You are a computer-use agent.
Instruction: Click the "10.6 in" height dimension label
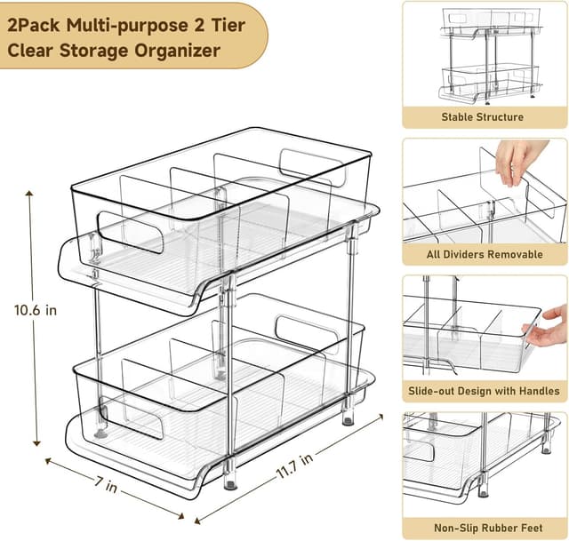(x=36, y=311)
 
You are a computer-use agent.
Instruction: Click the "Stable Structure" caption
(x=483, y=116)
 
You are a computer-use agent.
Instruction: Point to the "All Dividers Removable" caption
(x=485, y=254)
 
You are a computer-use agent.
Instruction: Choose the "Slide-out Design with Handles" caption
(x=485, y=390)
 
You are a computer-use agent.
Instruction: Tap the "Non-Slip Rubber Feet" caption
(x=485, y=527)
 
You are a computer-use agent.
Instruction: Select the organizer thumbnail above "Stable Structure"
(x=485, y=55)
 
